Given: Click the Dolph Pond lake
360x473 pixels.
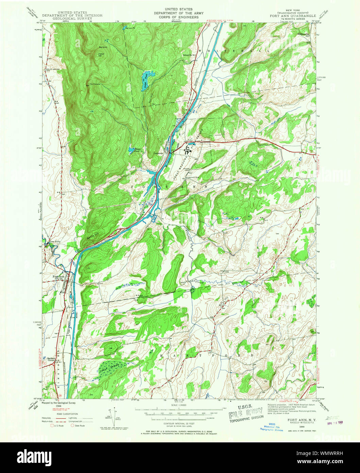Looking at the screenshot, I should pos(146,80).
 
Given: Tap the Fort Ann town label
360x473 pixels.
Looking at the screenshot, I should pos(58,277).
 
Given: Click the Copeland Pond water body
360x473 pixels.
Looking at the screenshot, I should pos(132,149).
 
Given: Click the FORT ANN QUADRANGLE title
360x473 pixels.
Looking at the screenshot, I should pos(293,16).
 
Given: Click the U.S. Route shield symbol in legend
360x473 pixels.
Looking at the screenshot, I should pos(52,425).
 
